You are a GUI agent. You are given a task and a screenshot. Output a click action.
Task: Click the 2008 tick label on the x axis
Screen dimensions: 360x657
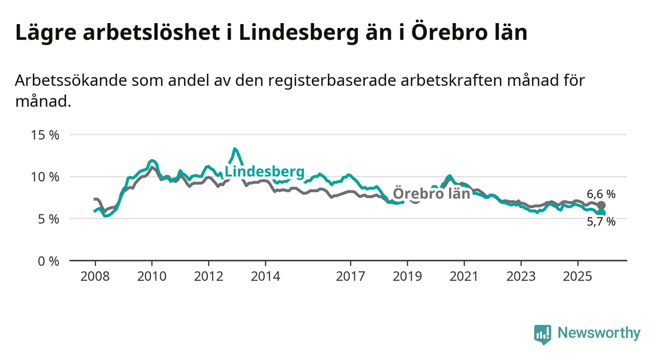point(95,276)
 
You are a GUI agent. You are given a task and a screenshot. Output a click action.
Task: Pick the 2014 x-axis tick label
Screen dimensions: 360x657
point(265,276)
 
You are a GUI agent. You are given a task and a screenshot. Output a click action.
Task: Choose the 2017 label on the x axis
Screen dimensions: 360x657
point(351,276)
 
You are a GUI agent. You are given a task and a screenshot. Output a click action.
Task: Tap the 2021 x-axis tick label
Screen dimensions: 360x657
point(464,276)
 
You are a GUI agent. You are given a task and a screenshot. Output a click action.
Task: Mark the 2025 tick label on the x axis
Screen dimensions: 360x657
point(578,276)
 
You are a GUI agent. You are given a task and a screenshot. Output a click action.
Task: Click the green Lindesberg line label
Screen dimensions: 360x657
point(264,172)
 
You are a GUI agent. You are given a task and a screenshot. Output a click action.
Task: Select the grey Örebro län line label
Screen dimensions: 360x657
point(431,193)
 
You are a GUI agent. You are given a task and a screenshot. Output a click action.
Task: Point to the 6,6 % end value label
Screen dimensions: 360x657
point(601,194)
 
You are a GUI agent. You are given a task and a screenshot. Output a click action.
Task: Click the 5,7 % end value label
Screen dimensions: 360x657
point(601,222)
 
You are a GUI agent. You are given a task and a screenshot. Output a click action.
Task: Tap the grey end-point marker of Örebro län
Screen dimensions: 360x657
point(601,205)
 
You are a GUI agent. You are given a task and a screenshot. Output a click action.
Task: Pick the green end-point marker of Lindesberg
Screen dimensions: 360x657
point(601,212)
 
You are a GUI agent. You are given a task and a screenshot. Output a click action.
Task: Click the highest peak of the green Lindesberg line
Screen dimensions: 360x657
point(235,149)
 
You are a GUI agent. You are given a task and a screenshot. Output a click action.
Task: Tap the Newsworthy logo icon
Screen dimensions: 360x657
point(542,334)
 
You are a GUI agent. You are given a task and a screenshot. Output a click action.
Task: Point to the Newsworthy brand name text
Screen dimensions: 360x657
point(599,334)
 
